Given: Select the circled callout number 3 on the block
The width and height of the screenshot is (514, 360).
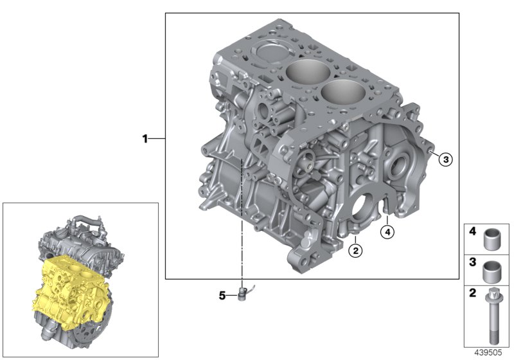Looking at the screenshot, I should [x=446, y=159].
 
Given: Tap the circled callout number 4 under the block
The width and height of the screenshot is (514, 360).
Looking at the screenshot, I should [x=387, y=232].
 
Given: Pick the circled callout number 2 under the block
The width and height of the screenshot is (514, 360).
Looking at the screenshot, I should [x=355, y=250].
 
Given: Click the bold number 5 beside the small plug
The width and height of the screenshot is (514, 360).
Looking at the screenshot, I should [x=222, y=296].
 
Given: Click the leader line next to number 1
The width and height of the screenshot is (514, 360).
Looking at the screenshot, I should [x=157, y=138].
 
